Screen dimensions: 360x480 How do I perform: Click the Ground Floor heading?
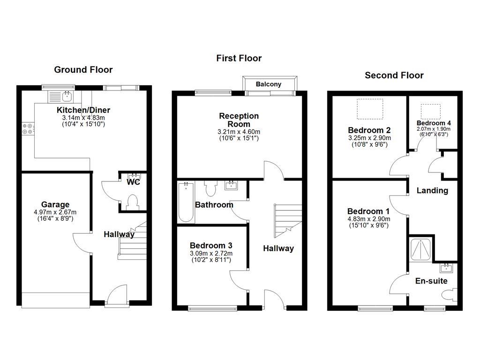83,70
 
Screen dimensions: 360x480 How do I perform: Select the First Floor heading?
239,58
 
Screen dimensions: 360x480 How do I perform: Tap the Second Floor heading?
394,75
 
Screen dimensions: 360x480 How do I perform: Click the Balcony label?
269,84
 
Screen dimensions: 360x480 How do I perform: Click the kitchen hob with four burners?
27,128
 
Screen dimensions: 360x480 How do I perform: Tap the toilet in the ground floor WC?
133,202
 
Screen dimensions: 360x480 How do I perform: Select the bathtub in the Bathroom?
186,203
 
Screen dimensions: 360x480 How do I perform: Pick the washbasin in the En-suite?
446,268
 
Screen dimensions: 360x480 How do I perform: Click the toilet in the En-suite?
450,295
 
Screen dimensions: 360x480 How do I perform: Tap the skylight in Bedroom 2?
370,108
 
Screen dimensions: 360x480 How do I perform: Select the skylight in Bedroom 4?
430,112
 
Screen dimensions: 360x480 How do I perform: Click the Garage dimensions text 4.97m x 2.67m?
55,212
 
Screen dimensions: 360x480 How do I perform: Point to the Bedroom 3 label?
210,245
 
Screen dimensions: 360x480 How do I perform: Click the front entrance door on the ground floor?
116,296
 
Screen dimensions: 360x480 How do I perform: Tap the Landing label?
432,190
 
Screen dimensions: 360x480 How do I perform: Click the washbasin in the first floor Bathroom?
232,186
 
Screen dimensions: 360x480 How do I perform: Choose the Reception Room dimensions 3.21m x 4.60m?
239,132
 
